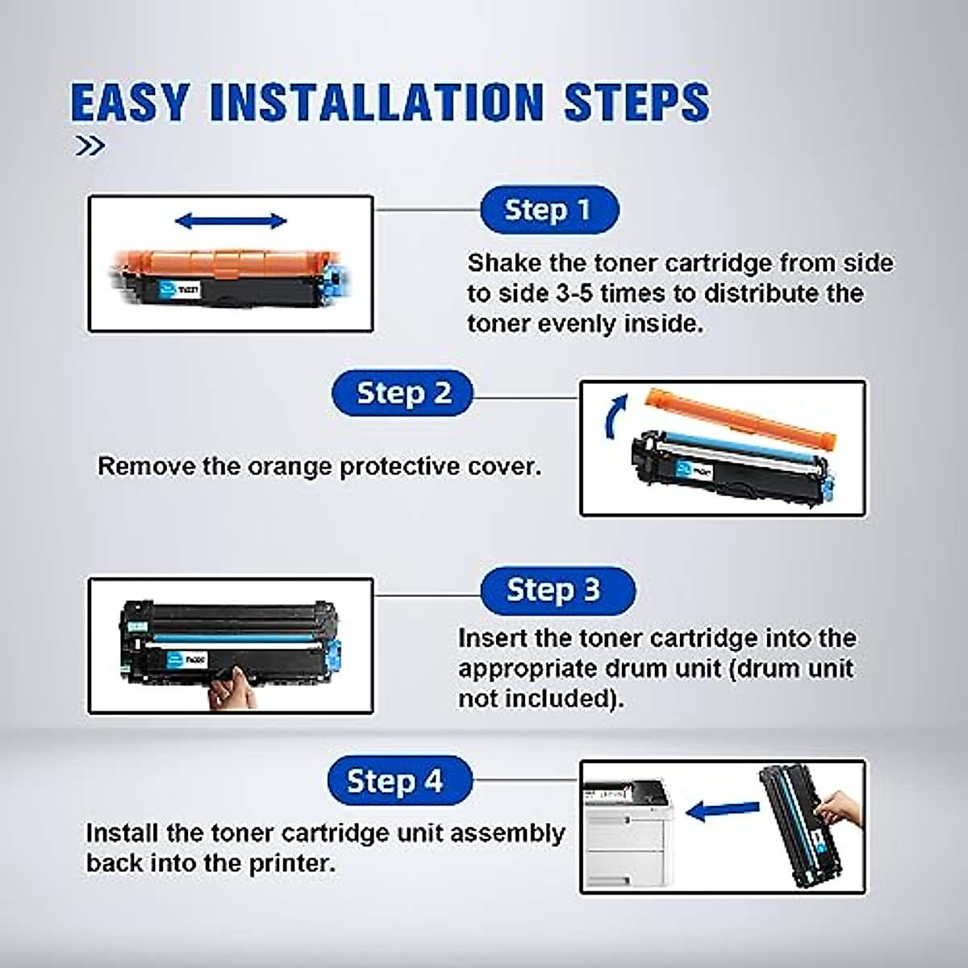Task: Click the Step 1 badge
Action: (x=549, y=211)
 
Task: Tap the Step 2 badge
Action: (x=403, y=394)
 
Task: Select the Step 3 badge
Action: (x=557, y=590)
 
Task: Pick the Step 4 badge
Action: (x=398, y=781)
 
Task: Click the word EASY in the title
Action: (x=129, y=102)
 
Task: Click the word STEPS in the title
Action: (x=636, y=102)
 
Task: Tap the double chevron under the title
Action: (x=90, y=146)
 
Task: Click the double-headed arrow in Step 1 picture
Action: (x=231, y=220)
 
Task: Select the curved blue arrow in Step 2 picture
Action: (x=616, y=415)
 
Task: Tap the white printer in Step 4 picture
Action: (x=626, y=831)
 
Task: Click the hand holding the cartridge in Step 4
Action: (x=839, y=807)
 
